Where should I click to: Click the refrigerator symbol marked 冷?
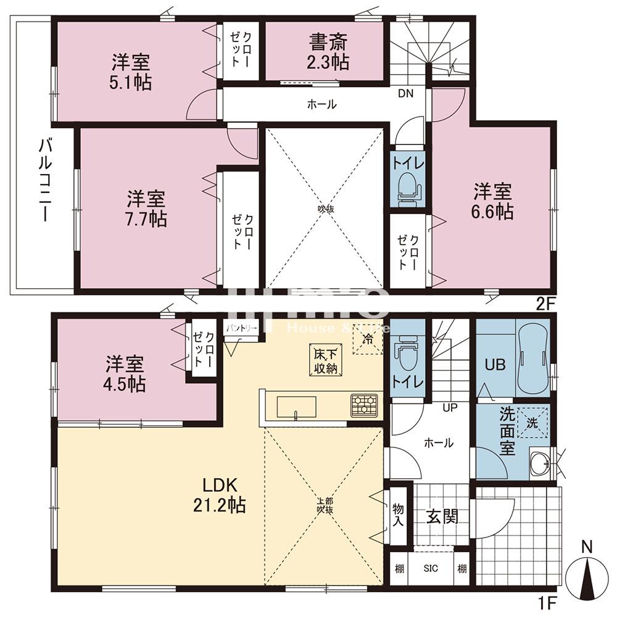click(368, 339)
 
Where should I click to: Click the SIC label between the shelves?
click(430, 568)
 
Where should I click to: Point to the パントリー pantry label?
click(241, 329)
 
